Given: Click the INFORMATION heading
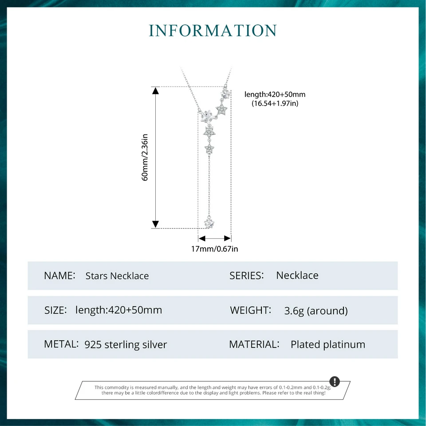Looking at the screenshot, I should point(213,31).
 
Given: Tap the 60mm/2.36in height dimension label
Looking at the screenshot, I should point(145,157).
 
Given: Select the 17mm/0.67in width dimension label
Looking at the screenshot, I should point(214,249).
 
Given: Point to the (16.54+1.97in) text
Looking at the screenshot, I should point(275,103).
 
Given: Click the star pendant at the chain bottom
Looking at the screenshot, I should point(208,222).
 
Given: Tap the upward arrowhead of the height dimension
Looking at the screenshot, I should point(155,91).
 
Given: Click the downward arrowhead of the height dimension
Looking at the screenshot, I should point(155,224).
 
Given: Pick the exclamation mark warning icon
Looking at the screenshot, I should point(335,382).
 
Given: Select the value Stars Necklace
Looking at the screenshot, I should point(117,276).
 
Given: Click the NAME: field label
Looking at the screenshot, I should point(59,275).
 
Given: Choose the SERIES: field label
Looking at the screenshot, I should point(247,275).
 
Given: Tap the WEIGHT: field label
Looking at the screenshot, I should point(250,310).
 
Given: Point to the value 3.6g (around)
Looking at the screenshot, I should point(316,311).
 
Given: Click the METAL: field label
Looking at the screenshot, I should point(61,344).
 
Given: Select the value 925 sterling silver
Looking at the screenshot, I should point(126,344).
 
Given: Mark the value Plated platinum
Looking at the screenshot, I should point(328,344).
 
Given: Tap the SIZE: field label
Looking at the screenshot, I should point(55,310).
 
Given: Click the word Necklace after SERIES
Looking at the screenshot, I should point(297,275).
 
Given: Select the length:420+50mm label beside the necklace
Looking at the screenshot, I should point(275,95).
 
